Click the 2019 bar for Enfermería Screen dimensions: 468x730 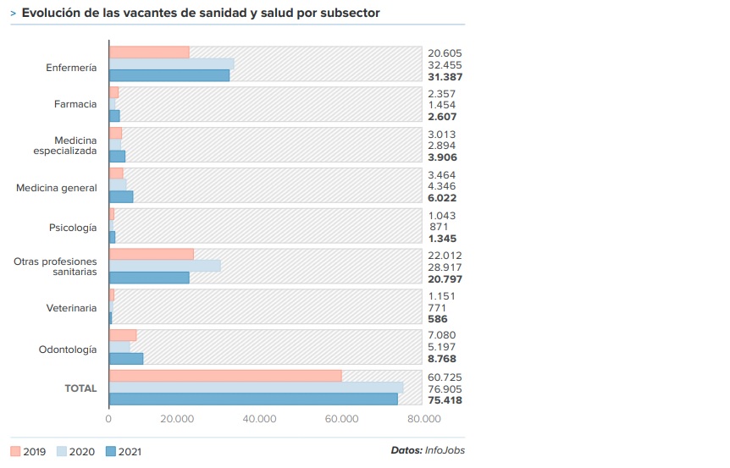(x=149, y=52)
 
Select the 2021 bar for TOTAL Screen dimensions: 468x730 (x=253, y=399)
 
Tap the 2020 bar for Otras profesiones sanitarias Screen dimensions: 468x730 (x=165, y=267)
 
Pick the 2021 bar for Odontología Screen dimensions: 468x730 (x=126, y=359)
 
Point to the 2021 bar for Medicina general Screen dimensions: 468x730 (x=121, y=197)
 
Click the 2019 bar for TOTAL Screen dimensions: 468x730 (x=225, y=376)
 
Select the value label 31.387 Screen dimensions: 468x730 (x=445, y=77)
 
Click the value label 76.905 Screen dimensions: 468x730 (x=445, y=388)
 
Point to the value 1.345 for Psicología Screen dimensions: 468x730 (x=442, y=240)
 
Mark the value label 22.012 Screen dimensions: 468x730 (x=445, y=255)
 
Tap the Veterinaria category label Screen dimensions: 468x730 (x=71, y=309)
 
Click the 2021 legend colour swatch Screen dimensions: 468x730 (x=110, y=452)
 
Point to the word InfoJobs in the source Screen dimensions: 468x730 (x=445, y=450)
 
